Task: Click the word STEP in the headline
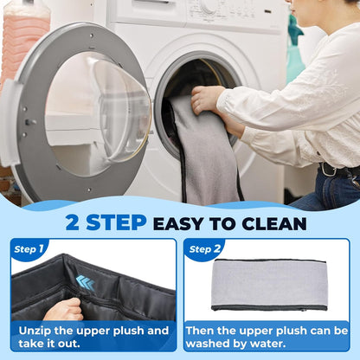coord(116,222)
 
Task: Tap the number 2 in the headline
coord(72,222)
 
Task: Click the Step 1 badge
coord(29,249)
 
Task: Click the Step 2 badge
coord(205,249)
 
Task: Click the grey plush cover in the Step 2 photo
coord(269,284)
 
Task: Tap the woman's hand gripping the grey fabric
coord(205,100)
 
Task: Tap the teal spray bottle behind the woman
coord(295,49)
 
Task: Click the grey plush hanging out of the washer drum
coord(207,150)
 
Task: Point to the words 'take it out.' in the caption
coord(49,344)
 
